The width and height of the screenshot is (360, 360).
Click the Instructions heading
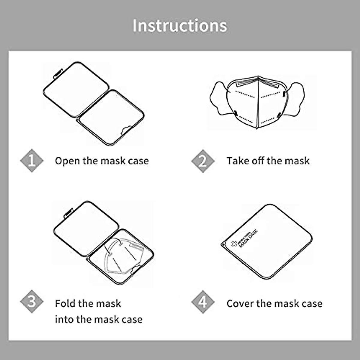[180, 25]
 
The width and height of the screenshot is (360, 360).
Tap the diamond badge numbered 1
[32, 161]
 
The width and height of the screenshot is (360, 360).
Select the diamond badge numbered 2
[203, 161]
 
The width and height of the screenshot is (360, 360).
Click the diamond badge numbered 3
[32, 301]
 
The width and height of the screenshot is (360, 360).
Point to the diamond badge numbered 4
[203, 301]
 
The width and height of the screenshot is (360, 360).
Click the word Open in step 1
[67, 161]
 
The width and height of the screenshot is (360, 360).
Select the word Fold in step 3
[65, 304]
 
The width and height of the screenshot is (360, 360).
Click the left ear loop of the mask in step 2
[219, 99]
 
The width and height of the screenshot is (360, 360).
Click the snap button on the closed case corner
[224, 245]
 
